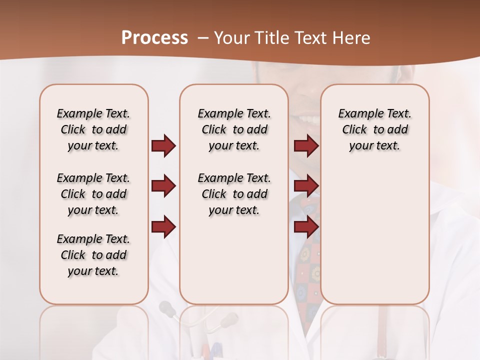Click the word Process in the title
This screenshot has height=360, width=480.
point(154,37)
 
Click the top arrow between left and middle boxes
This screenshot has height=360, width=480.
point(163,145)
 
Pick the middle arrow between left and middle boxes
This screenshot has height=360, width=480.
point(163,186)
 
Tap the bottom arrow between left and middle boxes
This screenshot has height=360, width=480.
point(163,227)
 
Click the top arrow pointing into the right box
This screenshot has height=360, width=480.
point(306,145)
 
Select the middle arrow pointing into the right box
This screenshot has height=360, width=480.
point(306,186)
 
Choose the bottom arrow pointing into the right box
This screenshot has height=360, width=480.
point(306,227)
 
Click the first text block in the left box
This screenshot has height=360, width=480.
point(93,129)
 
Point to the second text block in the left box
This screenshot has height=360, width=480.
point(93,194)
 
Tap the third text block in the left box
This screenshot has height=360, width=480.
point(93,255)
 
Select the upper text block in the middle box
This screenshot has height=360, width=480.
point(234,129)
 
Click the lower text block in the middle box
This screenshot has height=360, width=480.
point(234,194)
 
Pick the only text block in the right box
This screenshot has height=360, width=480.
point(374,129)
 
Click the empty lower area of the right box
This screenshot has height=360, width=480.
point(374,240)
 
